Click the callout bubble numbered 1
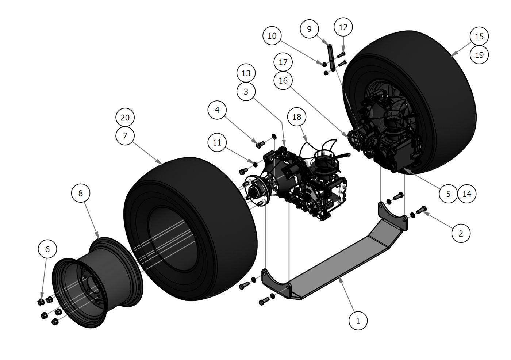358,321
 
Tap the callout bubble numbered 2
461,233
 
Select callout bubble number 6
47,249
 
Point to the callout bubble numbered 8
81,193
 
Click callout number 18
297,117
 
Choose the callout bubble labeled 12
343,27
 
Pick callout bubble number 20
125,118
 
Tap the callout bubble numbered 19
479,55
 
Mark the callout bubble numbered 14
467,194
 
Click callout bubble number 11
217,142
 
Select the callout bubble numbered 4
217,110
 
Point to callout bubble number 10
272,36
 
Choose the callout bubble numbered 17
283,62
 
